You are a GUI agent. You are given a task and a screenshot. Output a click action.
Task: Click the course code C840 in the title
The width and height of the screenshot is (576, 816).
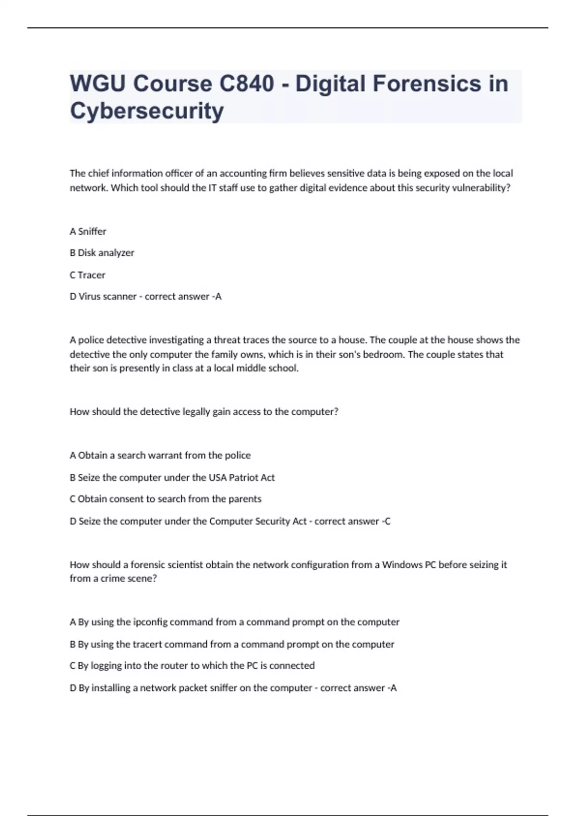[247, 84]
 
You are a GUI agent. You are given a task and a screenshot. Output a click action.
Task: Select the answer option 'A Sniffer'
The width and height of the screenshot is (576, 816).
[88, 231]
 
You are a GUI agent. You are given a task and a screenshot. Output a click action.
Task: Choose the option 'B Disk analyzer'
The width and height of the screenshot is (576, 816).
[102, 253]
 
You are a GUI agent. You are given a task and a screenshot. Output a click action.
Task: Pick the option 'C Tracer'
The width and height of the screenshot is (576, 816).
[87, 275]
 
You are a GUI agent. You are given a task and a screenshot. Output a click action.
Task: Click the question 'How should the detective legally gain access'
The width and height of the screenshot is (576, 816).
[204, 412]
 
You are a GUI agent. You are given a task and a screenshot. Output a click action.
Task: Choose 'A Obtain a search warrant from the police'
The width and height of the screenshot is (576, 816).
[160, 456]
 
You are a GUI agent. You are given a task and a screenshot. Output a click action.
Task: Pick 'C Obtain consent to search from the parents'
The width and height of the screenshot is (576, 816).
[166, 499]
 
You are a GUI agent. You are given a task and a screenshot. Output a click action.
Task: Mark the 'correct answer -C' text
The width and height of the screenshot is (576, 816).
[352, 521]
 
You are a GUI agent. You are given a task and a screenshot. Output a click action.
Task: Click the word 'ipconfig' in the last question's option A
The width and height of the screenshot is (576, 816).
[150, 622]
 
